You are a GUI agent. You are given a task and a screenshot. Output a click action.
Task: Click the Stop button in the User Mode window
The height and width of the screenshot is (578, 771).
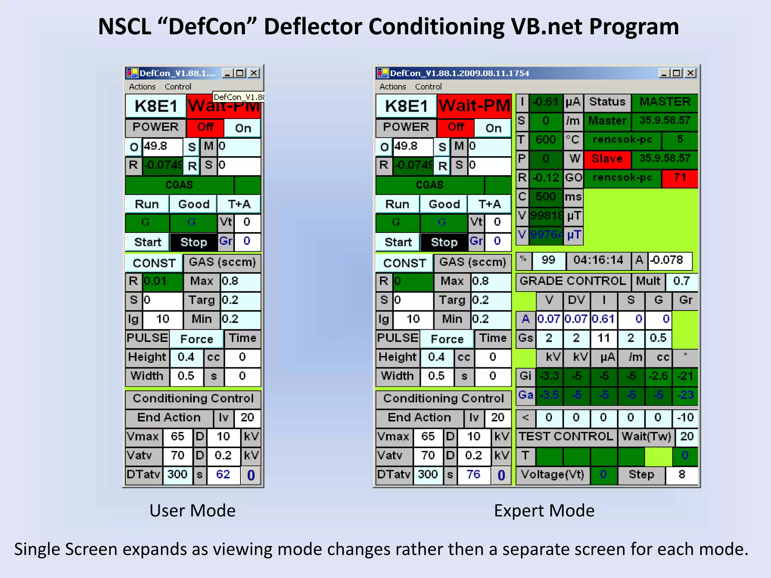(194, 242)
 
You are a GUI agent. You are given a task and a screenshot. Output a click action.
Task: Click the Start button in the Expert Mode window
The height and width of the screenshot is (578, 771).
(398, 242)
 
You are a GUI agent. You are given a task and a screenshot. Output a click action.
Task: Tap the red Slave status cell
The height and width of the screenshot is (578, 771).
(607, 158)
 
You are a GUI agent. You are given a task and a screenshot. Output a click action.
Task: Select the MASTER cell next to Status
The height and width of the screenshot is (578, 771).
(665, 102)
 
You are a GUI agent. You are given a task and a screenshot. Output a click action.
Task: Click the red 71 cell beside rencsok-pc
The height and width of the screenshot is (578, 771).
(680, 178)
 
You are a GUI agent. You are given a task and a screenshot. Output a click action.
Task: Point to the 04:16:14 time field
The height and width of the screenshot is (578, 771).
(598, 260)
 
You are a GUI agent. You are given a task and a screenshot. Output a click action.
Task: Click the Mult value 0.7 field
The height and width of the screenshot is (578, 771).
(681, 281)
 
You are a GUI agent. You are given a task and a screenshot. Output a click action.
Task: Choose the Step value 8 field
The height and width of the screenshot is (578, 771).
(681, 475)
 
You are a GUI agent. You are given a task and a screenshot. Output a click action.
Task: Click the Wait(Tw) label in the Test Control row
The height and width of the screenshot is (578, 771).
(646, 437)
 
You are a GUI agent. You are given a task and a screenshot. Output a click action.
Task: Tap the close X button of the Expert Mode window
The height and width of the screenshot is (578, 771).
(690, 73)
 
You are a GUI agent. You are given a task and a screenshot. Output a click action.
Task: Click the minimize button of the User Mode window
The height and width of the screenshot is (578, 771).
(227, 73)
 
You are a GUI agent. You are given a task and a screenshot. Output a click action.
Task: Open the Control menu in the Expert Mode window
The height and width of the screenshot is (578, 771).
(428, 87)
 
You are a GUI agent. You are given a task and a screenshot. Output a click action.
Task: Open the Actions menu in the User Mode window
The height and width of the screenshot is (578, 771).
(142, 87)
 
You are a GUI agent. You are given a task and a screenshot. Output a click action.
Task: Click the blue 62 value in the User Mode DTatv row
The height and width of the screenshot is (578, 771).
(223, 475)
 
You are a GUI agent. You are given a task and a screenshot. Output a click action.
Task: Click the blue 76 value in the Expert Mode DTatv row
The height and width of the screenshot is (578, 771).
(473, 475)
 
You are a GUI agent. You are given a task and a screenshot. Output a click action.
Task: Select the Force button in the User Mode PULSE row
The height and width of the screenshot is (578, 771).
(197, 339)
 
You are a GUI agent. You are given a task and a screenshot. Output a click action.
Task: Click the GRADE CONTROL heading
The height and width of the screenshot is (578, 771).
(573, 281)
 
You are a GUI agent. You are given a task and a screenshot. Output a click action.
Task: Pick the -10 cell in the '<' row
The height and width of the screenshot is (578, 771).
(685, 417)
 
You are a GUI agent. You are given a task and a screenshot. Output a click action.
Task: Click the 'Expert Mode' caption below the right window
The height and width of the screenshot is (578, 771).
(544, 511)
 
